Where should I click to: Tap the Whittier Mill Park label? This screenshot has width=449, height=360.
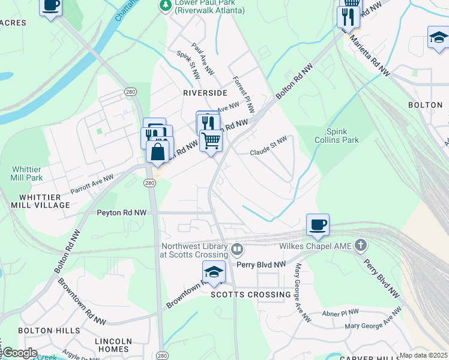coord(26,174)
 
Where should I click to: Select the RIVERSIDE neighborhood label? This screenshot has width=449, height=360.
coord(205,93)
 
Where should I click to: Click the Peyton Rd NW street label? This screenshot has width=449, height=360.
coord(122,212)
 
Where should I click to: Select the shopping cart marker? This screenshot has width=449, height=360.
coord(211,141)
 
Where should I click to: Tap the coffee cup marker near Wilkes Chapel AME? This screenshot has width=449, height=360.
coord(318,225)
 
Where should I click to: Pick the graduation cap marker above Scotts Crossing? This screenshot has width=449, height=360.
coord(214,272)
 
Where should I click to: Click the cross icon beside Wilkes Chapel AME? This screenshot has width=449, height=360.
coord(360,245)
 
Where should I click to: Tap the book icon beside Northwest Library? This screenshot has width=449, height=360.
coord(237,249)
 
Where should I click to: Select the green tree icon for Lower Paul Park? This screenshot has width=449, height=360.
coord(164,5)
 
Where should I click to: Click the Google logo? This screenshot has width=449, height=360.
coord(19,353)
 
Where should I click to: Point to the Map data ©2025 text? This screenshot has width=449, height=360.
coord(423,355)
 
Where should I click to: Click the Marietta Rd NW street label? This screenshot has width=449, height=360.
coord(370,58)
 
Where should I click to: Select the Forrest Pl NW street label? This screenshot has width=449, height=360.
coord(244,94)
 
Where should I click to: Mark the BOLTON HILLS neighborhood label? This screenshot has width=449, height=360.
coord(49,331)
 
